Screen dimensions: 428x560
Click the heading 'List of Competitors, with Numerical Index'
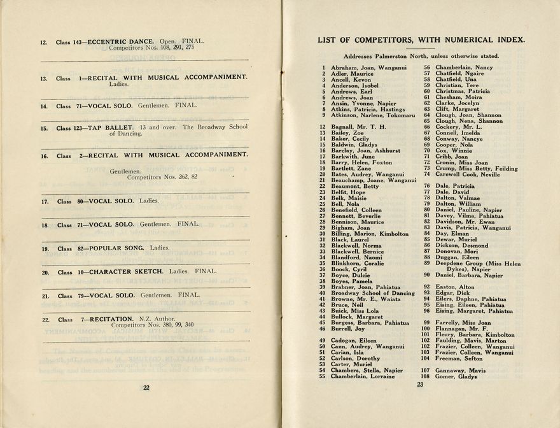pos(421,40)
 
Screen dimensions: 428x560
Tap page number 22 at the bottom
pos(146,388)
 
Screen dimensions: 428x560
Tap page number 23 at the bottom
pos(420,384)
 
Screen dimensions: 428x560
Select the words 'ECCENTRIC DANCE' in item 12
pos(122,42)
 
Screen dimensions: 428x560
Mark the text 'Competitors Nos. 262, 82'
pos(162,177)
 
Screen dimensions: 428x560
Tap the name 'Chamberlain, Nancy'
pos(464,68)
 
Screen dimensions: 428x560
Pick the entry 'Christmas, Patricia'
pos(463,91)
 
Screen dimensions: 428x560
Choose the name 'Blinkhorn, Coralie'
pos(357,264)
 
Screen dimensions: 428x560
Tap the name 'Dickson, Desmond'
pos(462,246)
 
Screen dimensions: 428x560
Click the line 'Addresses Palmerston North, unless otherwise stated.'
pos(421,56)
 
